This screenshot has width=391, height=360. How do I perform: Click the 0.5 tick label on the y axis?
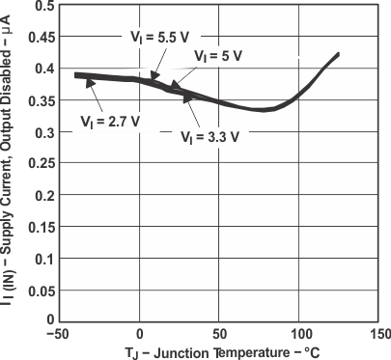(x=42, y=7)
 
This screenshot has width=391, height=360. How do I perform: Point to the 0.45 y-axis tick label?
(x=39, y=38)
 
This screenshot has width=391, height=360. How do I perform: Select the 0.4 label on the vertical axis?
(x=42, y=69)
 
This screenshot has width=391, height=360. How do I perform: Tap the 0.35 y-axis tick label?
(x=39, y=100)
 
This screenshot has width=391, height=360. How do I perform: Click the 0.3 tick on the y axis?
(x=42, y=132)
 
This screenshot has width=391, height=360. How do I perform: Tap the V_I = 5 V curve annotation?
(x=218, y=55)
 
